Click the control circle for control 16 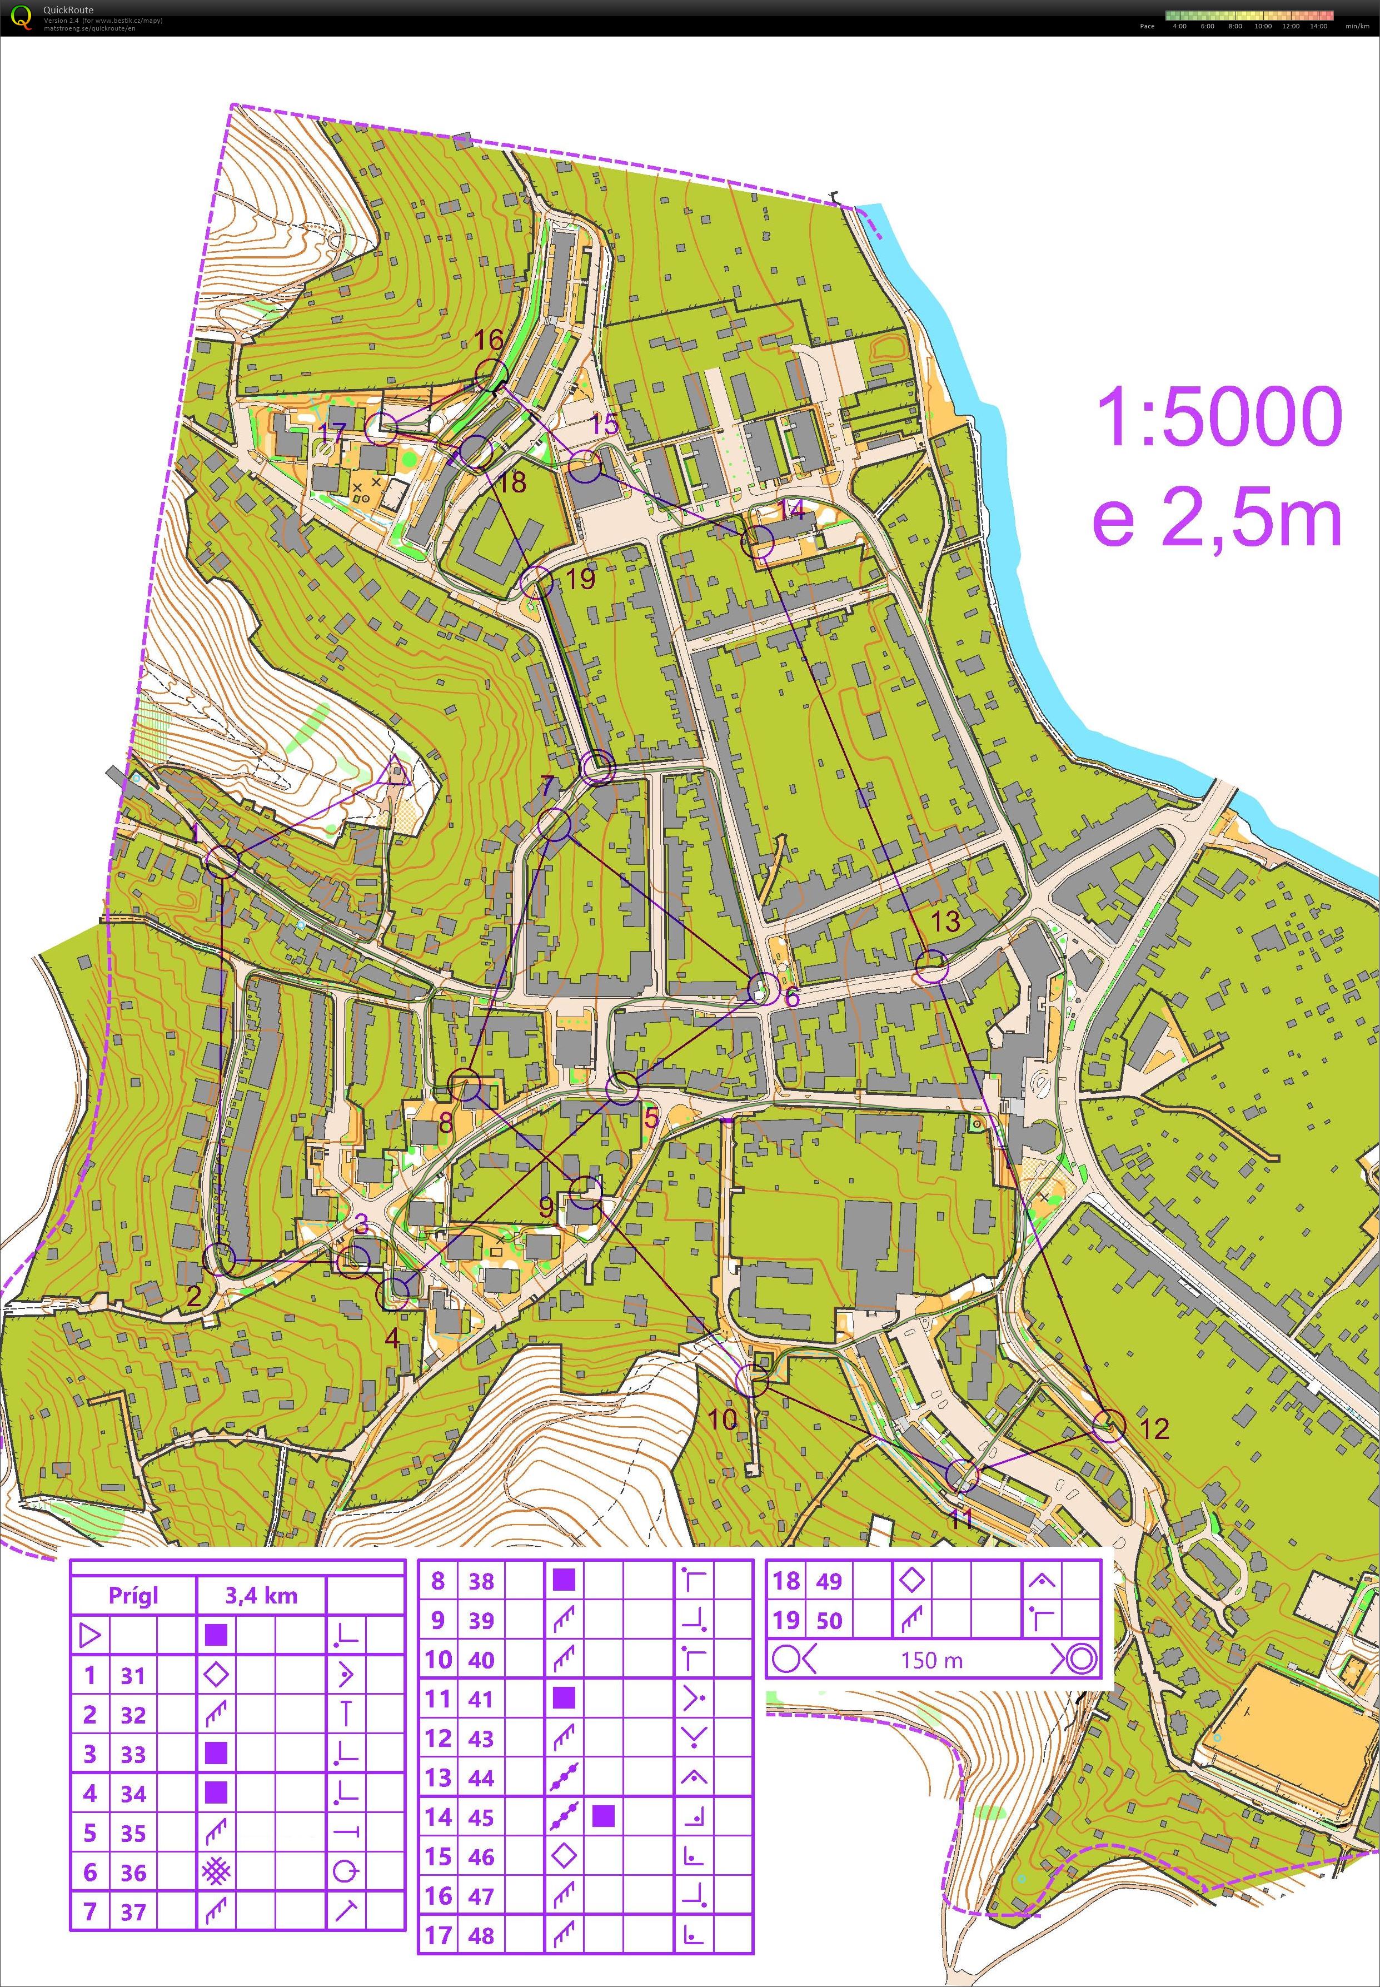coord(490,375)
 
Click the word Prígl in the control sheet coord(134,1595)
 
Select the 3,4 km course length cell coord(261,1595)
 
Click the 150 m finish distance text coord(931,1659)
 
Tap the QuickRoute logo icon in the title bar coord(21,17)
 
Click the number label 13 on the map coord(945,920)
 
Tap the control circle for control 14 coord(758,542)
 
